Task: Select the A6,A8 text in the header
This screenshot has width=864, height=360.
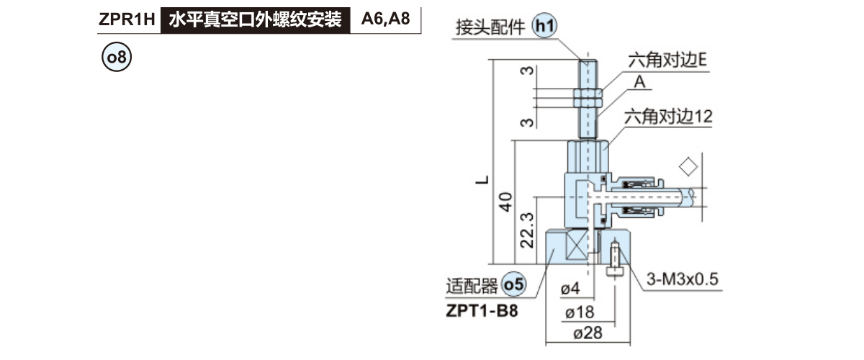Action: (x=385, y=20)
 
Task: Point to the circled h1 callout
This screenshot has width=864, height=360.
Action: (x=544, y=27)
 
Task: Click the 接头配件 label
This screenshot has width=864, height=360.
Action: (x=491, y=28)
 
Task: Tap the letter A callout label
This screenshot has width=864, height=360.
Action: (x=639, y=83)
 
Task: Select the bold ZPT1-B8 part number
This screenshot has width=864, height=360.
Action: (x=482, y=311)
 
